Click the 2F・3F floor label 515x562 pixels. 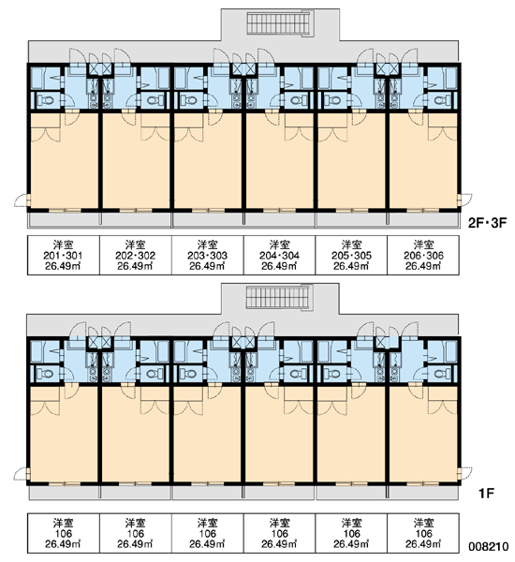pyautogui.click(x=488, y=223)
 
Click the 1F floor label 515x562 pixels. pyautogui.click(x=486, y=494)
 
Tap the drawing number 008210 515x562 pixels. pyautogui.click(x=489, y=547)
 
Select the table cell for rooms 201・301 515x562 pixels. pyautogui.click(x=64, y=255)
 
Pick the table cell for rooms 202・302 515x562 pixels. pyautogui.click(x=136, y=255)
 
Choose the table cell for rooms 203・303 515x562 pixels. pyautogui.click(x=208, y=255)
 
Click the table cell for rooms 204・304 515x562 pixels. pyautogui.click(x=280, y=255)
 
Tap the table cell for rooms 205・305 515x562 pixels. pyautogui.click(x=351, y=255)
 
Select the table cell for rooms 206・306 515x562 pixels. pyautogui.click(x=423, y=255)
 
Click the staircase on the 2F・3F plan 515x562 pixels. pyautogui.click(x=278, y=23)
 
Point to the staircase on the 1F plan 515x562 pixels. pyautogui.click(x=278, y=298)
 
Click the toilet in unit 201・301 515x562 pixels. pyautogui.click(x=45, y=100)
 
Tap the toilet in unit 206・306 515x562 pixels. pyautogui.click(x=442, y=100)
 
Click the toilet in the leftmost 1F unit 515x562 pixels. pyautogui.click(x=45, y=374)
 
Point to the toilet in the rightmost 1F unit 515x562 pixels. pyautogui.click(x=442, y=374)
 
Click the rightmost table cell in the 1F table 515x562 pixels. pyautogui.click(x=423, y=533)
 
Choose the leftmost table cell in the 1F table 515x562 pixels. pyautogui.click(x=64, y=533)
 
